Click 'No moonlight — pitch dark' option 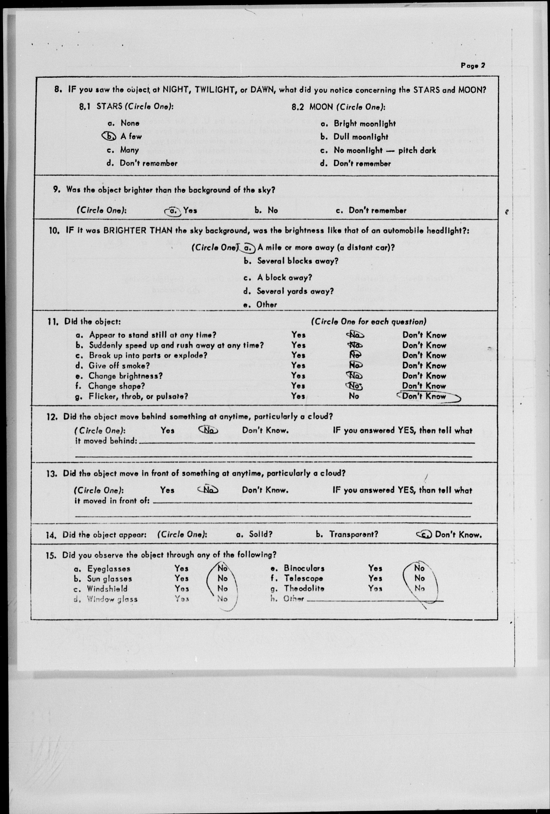point(385,150)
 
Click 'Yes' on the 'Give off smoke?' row point(298,365)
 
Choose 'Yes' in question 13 point(167,490)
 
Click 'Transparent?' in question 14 point(353,534)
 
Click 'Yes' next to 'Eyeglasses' point(182,568)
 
